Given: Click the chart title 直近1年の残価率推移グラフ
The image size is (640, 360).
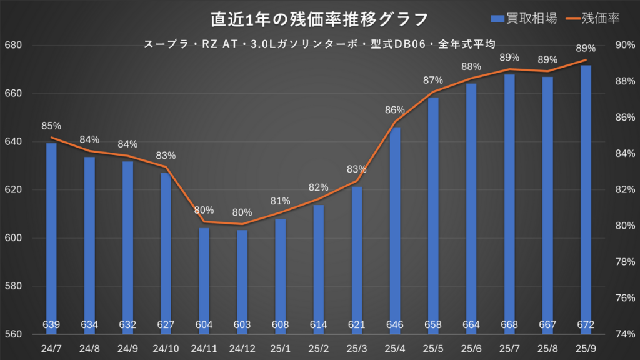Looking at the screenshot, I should (319, 19).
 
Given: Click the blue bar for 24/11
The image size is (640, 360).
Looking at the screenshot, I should (204, 281).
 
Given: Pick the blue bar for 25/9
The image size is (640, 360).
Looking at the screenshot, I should (586, 200).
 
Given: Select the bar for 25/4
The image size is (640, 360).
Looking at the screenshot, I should (395, 231).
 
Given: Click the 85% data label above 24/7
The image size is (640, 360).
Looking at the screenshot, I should (51, 126).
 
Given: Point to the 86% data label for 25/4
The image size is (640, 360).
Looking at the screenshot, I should (395, 109).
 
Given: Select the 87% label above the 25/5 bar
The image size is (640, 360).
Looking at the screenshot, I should (432, 80).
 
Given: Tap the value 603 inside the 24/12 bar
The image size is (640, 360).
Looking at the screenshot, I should (242, 325).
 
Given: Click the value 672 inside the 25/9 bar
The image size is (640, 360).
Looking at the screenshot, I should (586, 325).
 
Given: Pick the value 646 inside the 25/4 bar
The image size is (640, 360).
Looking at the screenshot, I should (395, 325).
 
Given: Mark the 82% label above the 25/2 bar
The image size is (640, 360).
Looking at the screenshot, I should (318, 187).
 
